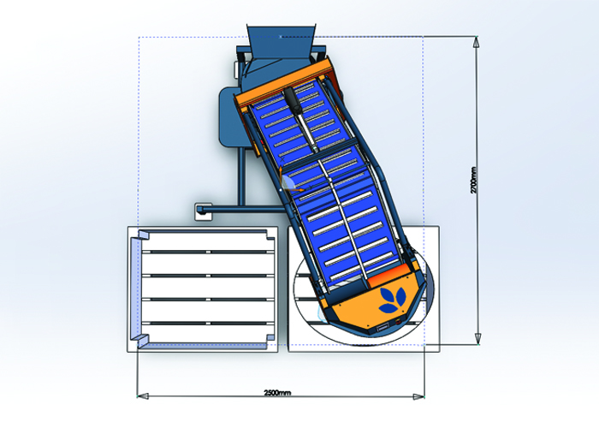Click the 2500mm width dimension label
click(x=277, y=392)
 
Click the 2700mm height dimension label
click(x=474, y=181)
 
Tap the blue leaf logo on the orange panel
click(x=392, y=300)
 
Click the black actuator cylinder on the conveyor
click(x=294, y=100)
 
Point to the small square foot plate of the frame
click(x=204, y=211)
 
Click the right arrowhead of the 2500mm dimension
click(x=418, y=396)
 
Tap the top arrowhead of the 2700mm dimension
click(x=477, y=42)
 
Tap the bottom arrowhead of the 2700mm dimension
click(x=477, y=339)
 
